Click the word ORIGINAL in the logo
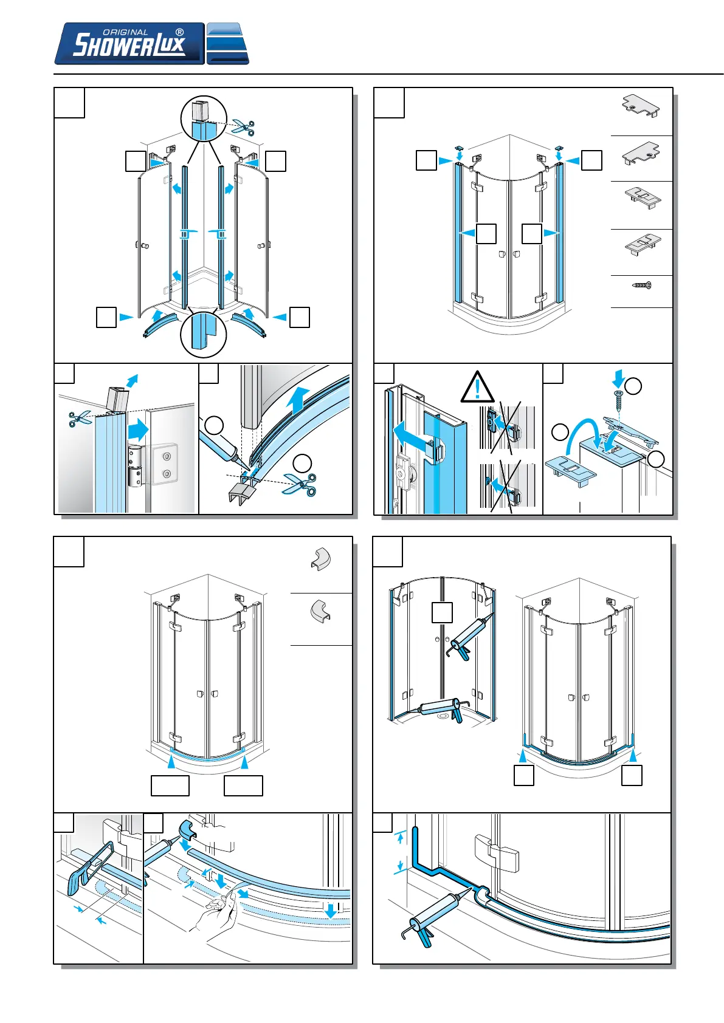click(x=125, y=32)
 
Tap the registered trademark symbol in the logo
click(x=179, y=32)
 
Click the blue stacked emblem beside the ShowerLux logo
click(x=227, y=44)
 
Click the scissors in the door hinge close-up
click(x=80, y=418)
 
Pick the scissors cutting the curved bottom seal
click(x=300, y=484)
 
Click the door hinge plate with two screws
click(x=165, y=465)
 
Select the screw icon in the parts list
click(x=641, y=285)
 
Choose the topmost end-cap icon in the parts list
click(x=641, y=107)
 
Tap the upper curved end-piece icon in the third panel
click(x=320, y=559)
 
